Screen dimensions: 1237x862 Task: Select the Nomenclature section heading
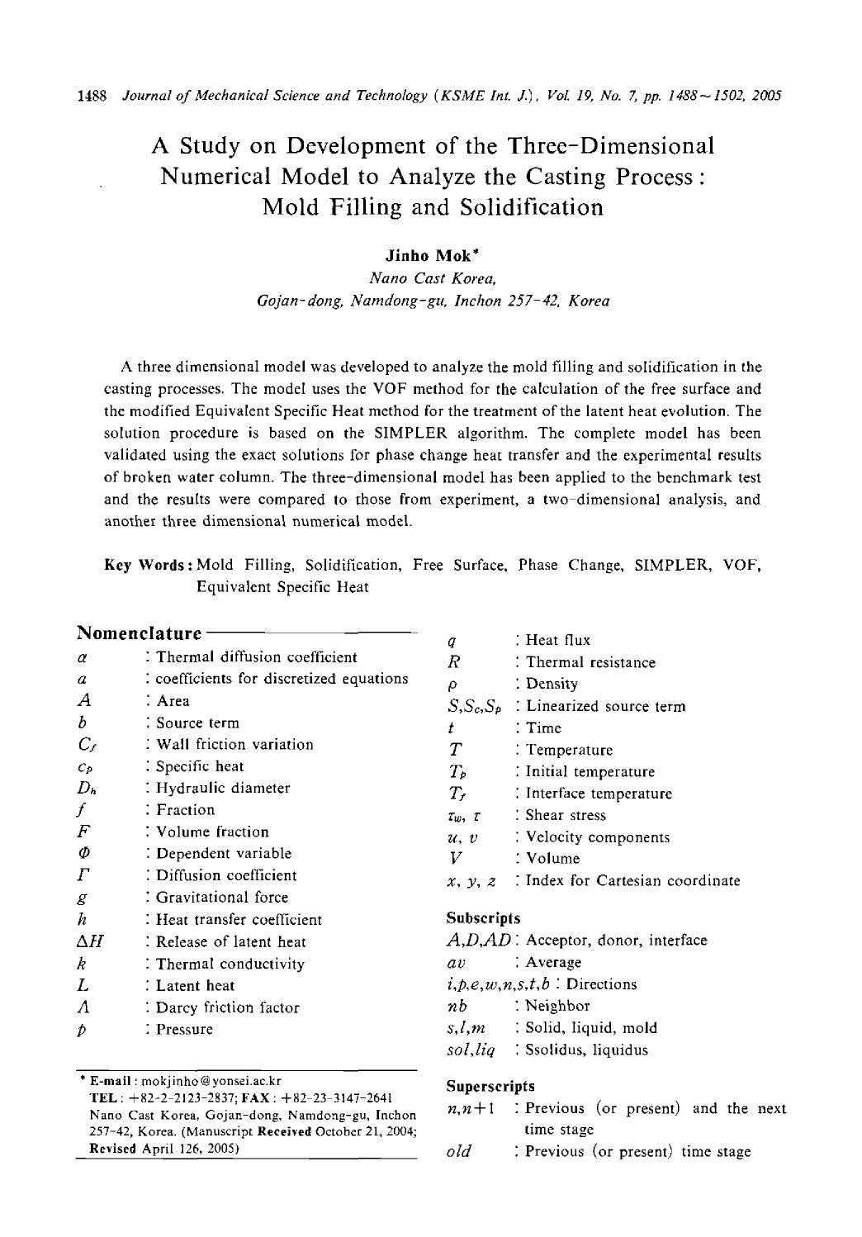(x=139, y=633)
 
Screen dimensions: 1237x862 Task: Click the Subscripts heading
(x=483, y=917)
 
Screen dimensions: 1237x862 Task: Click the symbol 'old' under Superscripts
(x=457, y=1152)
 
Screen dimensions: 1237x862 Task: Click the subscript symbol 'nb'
(x=457, y=1007)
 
